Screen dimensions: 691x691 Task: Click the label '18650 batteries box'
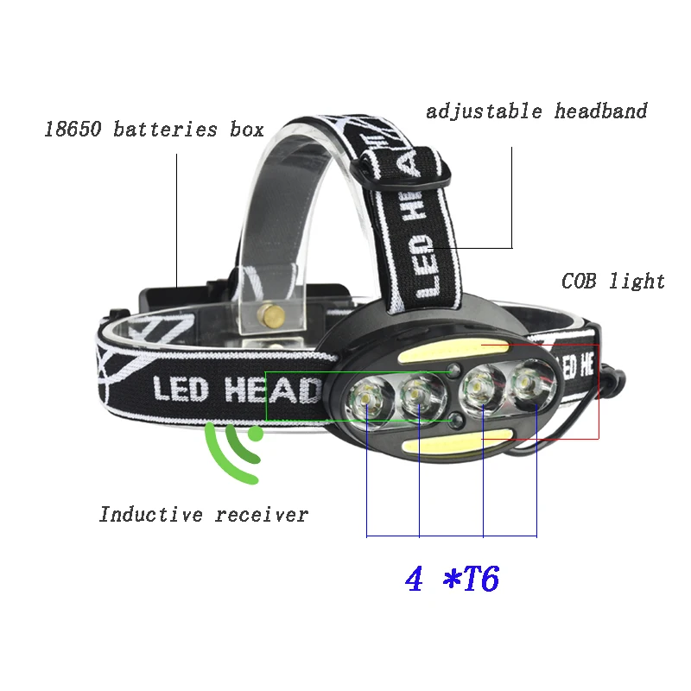pos(154,130)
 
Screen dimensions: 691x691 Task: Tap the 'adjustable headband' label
pos(536,111)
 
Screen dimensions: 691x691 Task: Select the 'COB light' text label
pos(613,282)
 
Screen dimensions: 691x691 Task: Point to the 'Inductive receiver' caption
pos(203,515)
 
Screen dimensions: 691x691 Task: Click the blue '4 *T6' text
pos(452,579)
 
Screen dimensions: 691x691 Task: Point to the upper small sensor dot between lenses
pos(455,371)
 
